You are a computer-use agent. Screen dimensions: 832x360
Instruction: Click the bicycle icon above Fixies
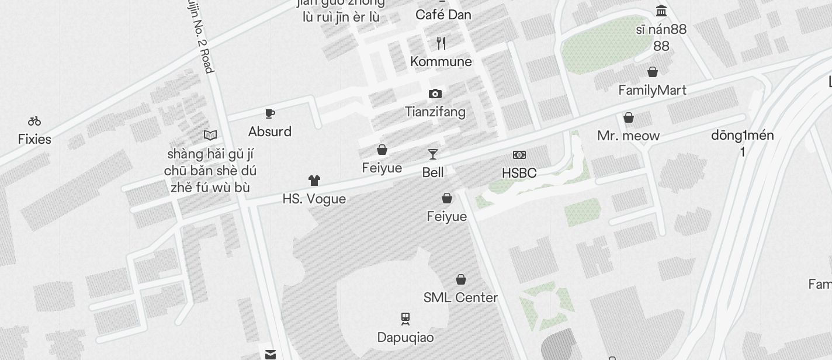coord(34,122)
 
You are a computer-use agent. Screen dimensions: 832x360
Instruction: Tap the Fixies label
coord(34,140)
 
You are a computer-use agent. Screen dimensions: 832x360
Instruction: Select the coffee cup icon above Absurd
coord(270,113)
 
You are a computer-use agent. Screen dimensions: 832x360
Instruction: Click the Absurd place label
coord(270,131)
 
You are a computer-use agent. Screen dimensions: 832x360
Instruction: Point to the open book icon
coord(210,136)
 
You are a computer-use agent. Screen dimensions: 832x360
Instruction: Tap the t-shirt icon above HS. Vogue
coord(314,181)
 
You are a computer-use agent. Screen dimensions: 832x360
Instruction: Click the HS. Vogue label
coord(314,199)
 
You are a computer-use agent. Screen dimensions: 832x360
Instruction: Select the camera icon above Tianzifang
coord(435,94)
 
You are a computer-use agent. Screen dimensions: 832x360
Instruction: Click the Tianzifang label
coord(435,112)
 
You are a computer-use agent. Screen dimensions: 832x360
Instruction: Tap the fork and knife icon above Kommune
coord(441,43)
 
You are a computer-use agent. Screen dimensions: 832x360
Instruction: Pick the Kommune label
coord(441,61)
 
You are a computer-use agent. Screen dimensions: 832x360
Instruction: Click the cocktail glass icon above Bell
coord(433,154)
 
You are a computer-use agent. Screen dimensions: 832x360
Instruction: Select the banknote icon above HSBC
coord(519,155)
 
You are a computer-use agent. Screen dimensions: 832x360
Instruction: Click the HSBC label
coord(519,173)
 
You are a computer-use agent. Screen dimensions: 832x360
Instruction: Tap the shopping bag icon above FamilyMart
coord(653,72)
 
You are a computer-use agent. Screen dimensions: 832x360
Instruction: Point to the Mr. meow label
coord(628,136)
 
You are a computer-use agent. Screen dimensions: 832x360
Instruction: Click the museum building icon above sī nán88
coord(661,11)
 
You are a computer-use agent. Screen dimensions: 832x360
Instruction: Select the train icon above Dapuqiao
coord(405,319)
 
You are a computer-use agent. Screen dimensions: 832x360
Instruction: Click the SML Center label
coord(460,297)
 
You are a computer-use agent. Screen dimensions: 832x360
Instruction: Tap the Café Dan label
coord(443,15)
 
